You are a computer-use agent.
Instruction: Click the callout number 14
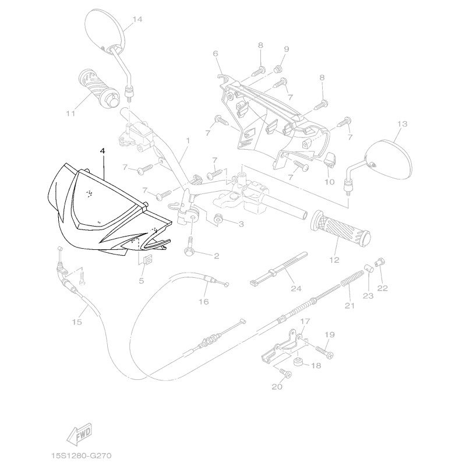(137, 19)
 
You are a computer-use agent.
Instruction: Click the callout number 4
(103, 151)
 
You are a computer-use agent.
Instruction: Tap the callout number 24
(296, 288)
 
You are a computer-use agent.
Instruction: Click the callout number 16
(203, 302)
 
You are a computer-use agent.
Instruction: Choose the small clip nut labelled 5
(147, 260)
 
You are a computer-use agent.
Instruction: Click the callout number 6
(215, 54)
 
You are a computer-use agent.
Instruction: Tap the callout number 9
(286, 48)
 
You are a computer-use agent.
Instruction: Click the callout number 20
(277, 386)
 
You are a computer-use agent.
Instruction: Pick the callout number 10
(329, 182)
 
